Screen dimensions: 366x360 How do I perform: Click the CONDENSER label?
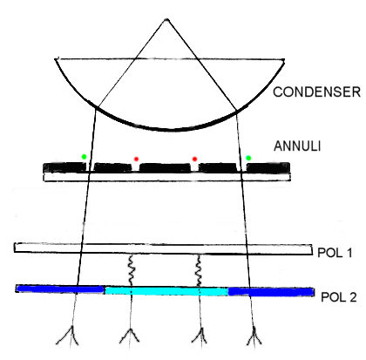click(x=316, y=92)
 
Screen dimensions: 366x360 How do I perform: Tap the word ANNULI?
click(x=297, y=146)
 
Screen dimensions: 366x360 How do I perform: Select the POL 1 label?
click(x=335, y=253)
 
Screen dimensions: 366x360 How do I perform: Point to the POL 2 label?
click(x=339, y=297)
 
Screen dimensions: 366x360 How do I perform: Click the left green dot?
click(x=84, y=157)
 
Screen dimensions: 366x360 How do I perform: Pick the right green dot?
click(x=248, y=158)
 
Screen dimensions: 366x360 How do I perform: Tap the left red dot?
click(x=136, y=159)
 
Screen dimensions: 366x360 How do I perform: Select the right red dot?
click(x=194, y=159)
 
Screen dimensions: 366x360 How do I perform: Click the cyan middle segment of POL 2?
click(x=166, y=291)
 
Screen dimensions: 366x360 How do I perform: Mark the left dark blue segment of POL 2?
click(x=60, y=289)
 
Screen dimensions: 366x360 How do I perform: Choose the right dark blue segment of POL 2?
click(x=271, y=292)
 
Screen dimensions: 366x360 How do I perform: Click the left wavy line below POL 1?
click(x=131, y=271)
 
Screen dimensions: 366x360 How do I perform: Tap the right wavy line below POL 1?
click(x=199, y=271)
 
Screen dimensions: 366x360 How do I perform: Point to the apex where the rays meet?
click(x=166, y=20)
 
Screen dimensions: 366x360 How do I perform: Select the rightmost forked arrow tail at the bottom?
click(x=254, y=336)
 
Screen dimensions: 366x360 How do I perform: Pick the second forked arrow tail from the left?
click(x=130, y=338)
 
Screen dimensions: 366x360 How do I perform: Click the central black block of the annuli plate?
click(x=165, y=167)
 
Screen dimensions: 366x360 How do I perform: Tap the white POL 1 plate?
click(x=163, y=249)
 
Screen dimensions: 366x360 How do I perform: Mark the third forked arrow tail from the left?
click(x=200, y=338)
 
